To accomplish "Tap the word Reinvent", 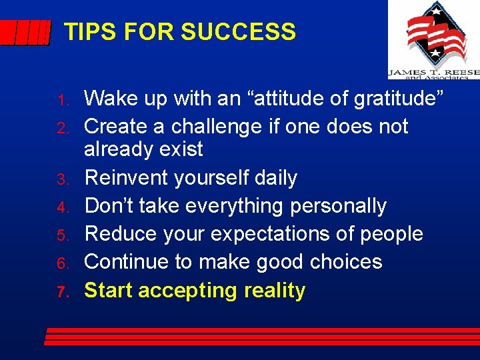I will (127, 177).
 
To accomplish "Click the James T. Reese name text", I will (433, 72).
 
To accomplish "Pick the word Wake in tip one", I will (110, 99).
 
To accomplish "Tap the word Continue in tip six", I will (127, 261).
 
